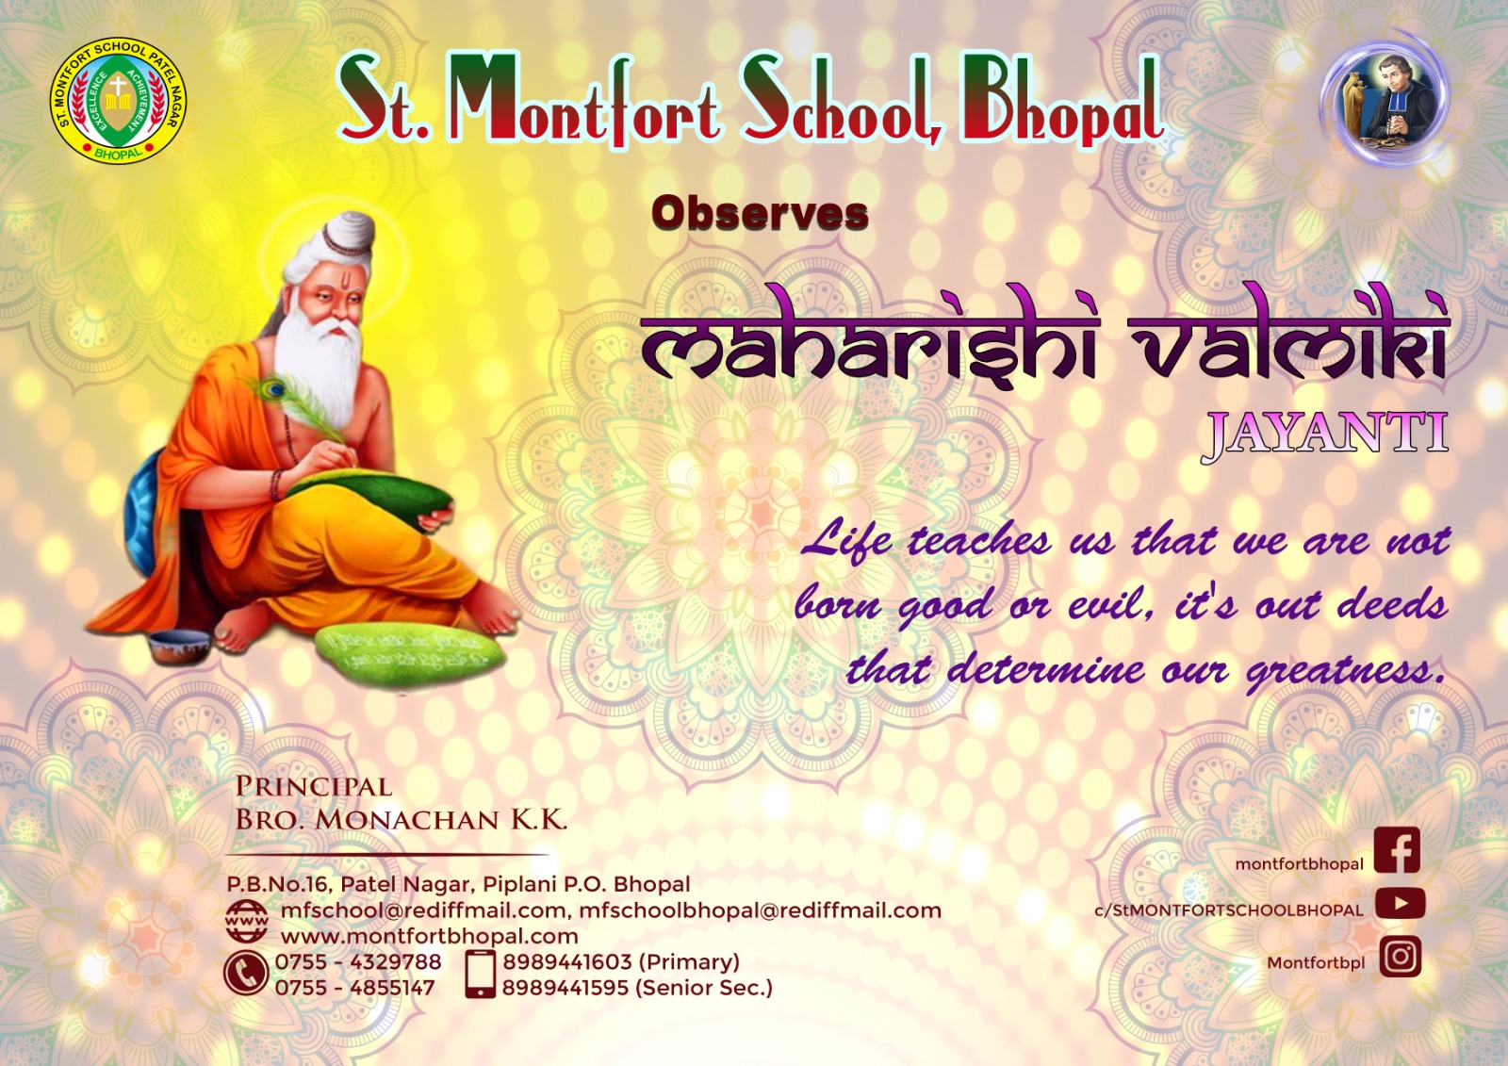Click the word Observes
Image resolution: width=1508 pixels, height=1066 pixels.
click(760, 213)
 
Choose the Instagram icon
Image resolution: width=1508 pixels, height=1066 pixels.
click(1400, 957)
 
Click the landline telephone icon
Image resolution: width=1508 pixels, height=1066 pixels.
click(245, 974)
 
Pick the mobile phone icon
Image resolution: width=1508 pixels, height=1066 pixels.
click(480, 974)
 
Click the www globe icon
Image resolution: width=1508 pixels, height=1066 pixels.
click(246, 921)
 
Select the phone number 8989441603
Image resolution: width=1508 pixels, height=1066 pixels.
click(566, 961)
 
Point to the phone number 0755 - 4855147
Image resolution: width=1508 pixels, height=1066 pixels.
click(354, 988)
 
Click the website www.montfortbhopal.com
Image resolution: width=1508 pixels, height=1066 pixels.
click(430, 936)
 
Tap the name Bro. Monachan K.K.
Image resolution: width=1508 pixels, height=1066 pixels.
click(401, 820)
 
